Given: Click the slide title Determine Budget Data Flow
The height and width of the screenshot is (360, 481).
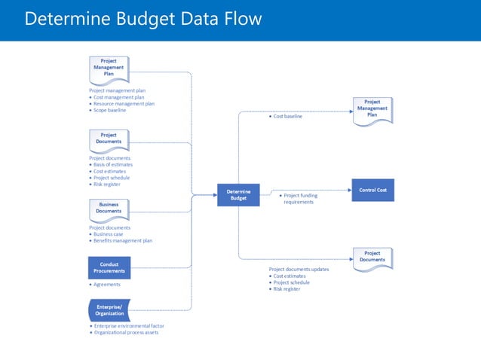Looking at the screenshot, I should point(143,19).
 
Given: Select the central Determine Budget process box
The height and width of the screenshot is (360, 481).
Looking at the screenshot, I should point(238,194).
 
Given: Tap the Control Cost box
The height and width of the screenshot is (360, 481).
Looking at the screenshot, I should point(372,190).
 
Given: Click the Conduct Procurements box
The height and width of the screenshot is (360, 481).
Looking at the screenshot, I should point(109,267).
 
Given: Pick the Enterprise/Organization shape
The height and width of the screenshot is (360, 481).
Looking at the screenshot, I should point(109,310).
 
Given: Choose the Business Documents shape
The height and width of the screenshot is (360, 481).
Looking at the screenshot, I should point(109,208).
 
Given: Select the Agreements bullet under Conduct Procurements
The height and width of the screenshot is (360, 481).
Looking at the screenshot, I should point(106,285).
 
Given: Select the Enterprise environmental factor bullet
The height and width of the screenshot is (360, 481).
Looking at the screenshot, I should point(129,326).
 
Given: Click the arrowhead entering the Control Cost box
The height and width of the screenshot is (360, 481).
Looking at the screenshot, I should point(348,190).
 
